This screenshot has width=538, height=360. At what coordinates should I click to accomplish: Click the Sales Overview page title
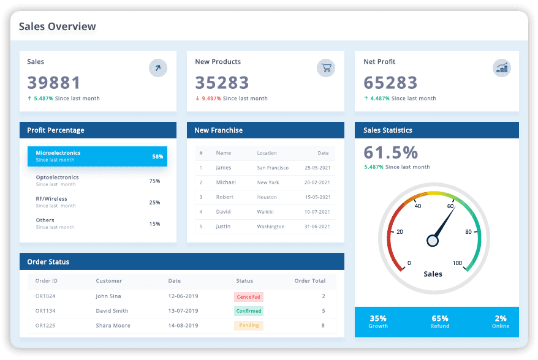point(57,26)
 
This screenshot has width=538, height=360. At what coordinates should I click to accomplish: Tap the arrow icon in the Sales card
point(158,68)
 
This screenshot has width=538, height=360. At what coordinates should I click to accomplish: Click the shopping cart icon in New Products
point(326,68)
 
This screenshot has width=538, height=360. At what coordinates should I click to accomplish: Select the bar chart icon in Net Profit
point(502,68)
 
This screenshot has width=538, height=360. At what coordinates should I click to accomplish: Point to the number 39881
point(54,83)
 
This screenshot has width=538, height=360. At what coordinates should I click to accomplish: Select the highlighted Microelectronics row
point(97,156)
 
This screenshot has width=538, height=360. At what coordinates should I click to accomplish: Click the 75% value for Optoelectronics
point(154,181)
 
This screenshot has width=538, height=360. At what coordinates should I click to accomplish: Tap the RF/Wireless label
point(51,199)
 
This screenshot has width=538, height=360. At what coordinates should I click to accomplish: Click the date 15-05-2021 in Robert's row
point(317,197)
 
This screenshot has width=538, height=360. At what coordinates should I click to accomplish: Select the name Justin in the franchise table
point(223,227)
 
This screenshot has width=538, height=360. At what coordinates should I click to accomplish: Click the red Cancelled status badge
point(248,297)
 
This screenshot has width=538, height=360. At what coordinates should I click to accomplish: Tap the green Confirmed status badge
point(248,311)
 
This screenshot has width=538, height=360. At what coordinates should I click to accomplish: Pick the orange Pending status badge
point(248,326)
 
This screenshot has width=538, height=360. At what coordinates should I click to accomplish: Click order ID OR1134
point(45,311)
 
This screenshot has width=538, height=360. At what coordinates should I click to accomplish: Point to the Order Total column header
point(310,281)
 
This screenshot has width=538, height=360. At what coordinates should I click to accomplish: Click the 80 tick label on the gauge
point(468,232)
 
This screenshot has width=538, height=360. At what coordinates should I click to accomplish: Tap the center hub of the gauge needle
point(433,241)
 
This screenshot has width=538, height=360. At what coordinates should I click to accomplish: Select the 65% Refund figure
point(440,319)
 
